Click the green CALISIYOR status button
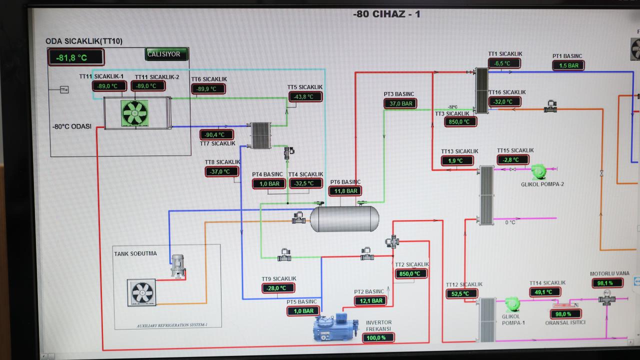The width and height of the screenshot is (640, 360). pos(166,54)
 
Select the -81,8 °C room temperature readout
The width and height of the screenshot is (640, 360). pos(75,57)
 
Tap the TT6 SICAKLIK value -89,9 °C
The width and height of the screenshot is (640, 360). pos(208,89)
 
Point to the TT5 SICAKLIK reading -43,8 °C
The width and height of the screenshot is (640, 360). pos(305,96)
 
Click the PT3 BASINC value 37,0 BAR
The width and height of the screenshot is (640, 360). pos(400,103)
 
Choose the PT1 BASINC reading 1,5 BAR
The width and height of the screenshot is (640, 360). pos(568,65)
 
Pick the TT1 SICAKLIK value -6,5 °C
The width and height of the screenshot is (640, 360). pos(504,63)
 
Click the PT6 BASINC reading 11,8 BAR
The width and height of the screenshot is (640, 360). pos(345,191)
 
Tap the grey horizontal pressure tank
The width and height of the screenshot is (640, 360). pos(344,219)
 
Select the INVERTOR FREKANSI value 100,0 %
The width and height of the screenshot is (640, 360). pos(378,337)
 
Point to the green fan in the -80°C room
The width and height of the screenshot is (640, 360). pos(135,113)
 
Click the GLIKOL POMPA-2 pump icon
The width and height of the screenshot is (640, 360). pos(538,171)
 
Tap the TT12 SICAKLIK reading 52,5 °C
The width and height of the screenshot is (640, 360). pos(461,294)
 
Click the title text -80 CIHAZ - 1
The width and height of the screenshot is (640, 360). pos(386,14)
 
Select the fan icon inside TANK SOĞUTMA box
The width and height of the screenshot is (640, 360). pos(143,292)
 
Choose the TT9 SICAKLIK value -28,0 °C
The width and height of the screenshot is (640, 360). pos(278,288)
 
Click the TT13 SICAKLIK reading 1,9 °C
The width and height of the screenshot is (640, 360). pos(457,160)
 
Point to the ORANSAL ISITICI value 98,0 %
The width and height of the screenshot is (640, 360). pos(565,314)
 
